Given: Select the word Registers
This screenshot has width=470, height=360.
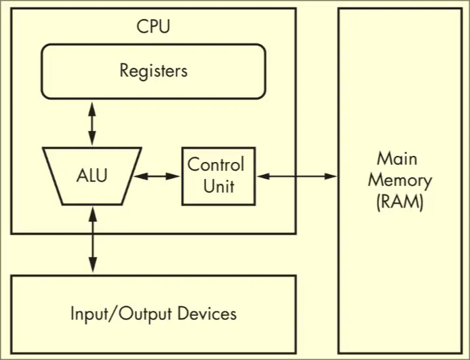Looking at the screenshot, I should [x=153, y=70].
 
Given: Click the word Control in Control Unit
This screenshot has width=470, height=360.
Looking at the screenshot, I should [x=216, y=165].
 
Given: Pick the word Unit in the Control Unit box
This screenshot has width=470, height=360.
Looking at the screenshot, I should [x=219, y=185].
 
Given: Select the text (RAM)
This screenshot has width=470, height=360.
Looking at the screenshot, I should [x=399, y=202].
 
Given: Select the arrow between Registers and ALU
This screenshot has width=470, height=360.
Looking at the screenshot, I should [x=92, y=123].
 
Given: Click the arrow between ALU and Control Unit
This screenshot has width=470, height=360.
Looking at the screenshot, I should [x=157, y=176].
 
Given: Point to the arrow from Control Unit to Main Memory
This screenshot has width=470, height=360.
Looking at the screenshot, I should [x=296, y=176].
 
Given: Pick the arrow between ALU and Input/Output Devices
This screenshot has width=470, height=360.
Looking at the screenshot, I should [x=92, y=241].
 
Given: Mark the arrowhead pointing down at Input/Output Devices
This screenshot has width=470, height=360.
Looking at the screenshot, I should [x=92, y=269].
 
